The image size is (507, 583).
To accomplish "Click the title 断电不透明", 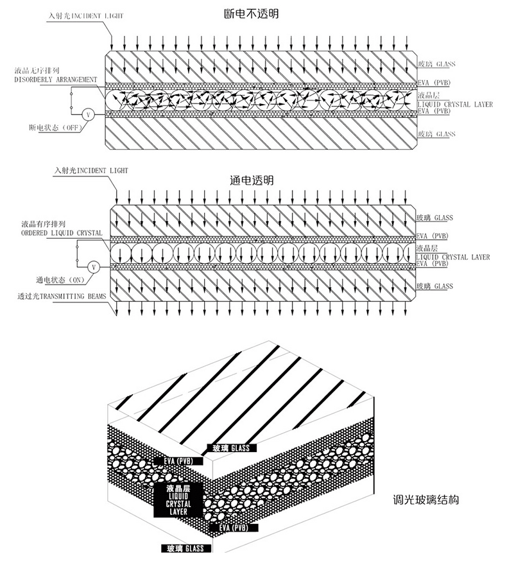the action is click(x=252, y=13).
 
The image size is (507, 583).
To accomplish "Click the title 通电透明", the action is click(x=252, y=180).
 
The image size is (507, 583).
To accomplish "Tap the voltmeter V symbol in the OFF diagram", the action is click(x=88, y=115).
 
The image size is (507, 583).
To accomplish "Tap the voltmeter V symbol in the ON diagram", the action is click(x=94, y=267).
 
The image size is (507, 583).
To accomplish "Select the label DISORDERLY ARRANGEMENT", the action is click(x=56, y=80).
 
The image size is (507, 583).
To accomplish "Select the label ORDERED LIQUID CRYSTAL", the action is click(x=62, y=233).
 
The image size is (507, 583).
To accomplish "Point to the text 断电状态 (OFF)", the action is click(x=55, y=128).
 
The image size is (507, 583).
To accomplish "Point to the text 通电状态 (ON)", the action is click(x=60, y=279).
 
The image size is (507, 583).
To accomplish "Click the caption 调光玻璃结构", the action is click(x=426, y=500).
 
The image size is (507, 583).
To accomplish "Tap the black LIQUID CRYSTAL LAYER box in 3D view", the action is click(x=178, y=500).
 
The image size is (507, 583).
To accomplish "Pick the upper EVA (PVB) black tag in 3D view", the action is click(x=178, y=461).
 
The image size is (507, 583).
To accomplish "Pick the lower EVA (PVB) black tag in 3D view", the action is click(x=234, y=527).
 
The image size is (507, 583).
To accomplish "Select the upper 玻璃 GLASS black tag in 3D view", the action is click(x=231, y=448).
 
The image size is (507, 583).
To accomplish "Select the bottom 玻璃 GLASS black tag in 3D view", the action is click(x=185, y=548).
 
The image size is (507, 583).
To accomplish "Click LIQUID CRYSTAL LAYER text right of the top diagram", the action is click(x=455, y=105).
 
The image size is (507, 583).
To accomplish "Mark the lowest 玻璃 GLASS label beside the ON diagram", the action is click(x=434, y=286).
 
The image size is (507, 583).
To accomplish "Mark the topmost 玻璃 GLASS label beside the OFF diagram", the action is click(x=436, y=64).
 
